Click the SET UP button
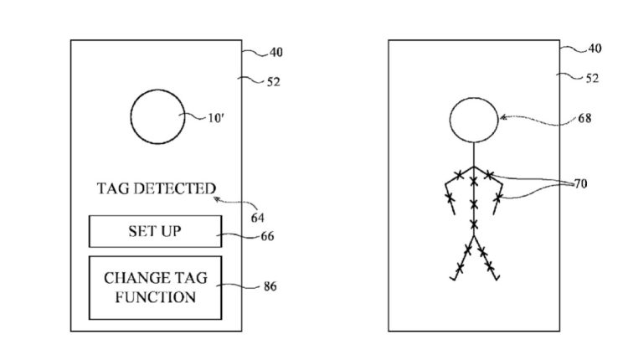156,231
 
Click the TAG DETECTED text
156,189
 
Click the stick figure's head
474,119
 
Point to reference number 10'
218,117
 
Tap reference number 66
268,236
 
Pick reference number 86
269,287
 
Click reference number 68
584,118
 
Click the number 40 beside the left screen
275,53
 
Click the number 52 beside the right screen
591,79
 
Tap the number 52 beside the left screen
274,81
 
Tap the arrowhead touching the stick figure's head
502,118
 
